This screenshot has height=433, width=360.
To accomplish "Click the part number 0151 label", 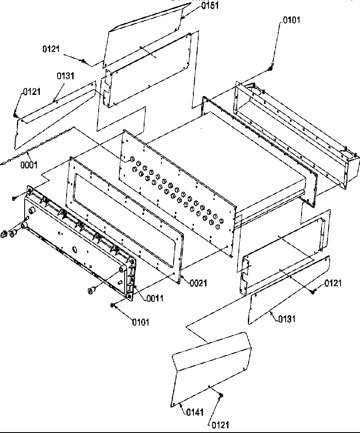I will [x=210, y=6].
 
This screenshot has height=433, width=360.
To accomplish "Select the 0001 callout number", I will [x=29, y=165].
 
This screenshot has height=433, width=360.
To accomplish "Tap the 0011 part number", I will [x=154, y=298].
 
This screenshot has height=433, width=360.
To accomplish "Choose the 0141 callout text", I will [x=195, y=412].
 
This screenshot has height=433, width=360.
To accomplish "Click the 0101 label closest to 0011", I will [x=141, y=322].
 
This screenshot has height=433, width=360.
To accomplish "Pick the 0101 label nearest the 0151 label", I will [x=291, y=20].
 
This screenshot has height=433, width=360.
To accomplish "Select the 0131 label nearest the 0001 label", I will [x=65, y=76].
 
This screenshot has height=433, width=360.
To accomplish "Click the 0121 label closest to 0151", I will [x=51, y=49].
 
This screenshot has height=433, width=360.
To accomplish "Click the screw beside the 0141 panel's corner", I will [x=221, y=395].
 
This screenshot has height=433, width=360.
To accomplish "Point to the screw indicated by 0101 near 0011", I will [x=112, y=306].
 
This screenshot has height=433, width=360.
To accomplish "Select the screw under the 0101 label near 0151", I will [x=271, y=67].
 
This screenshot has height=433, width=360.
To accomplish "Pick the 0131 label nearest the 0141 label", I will [x=287, y=319].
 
